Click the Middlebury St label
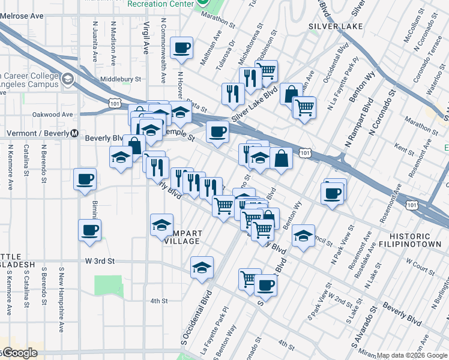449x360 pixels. click(x=121, y=79)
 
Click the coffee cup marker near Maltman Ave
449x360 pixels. click(x=181, y=48)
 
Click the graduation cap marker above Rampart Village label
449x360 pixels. click(x=161, y=225)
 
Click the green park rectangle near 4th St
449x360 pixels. click(x=107, y=284)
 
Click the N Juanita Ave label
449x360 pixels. click(x=95, y=42)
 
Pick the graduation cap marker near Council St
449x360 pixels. click(x=304, y=236)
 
